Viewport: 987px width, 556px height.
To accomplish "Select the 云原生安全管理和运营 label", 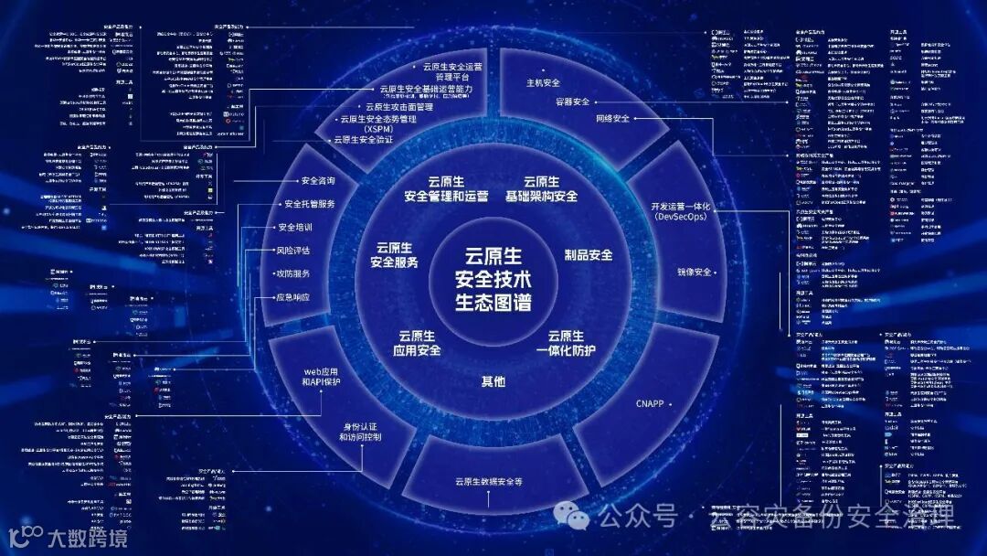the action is click(446, 188).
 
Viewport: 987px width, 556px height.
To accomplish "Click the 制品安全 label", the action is click(588, 255).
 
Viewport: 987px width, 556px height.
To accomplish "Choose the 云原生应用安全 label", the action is click(417, 343).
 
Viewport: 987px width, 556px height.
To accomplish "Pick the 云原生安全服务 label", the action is click(394, 255).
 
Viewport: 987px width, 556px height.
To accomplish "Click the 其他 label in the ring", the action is click(493, 381).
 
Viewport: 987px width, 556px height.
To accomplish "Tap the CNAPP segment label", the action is click(649, 403).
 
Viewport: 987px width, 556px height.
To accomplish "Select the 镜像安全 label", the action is click(694, 273).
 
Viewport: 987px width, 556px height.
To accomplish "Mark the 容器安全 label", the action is click(572, 102).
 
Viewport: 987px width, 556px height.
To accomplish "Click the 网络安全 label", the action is click(612, 119).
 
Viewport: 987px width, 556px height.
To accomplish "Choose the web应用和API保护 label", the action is click(321, 377).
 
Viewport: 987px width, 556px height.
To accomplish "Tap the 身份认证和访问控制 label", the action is click(360, 432).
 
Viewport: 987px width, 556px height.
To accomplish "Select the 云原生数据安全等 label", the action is click(488, 481).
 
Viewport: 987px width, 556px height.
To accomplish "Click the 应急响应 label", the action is click(292, 297).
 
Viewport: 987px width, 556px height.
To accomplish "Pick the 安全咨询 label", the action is click(318, 180).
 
